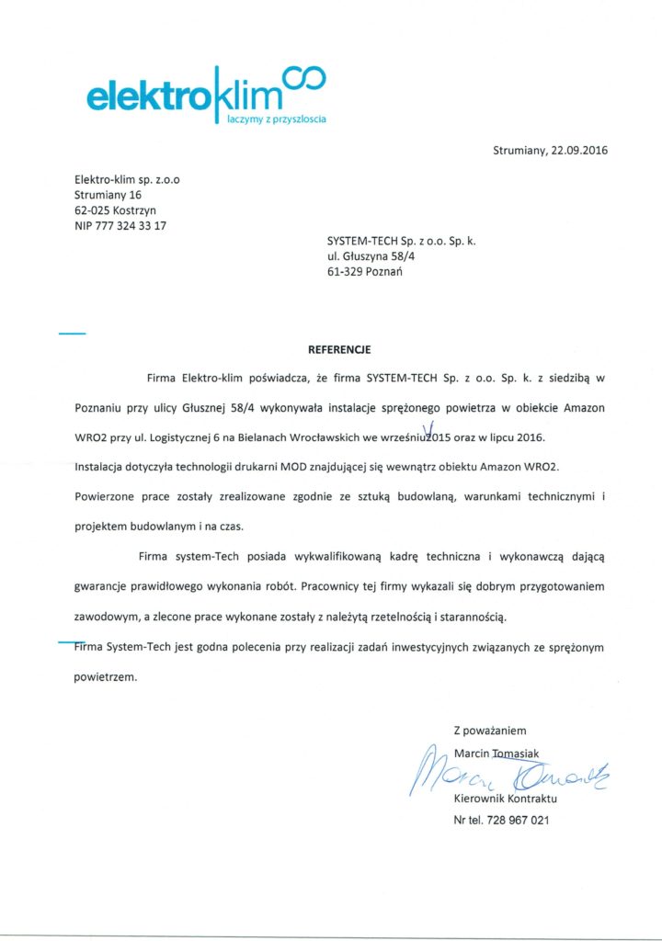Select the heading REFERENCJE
[339, 350]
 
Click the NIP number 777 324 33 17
[134, 226]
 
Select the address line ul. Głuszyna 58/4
[371, 257]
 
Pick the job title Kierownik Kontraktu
[506, 799]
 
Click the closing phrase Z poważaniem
[490, 731]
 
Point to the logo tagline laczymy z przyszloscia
[276, 119]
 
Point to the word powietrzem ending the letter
[105, 677]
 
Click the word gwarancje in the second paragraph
[105, 585]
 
